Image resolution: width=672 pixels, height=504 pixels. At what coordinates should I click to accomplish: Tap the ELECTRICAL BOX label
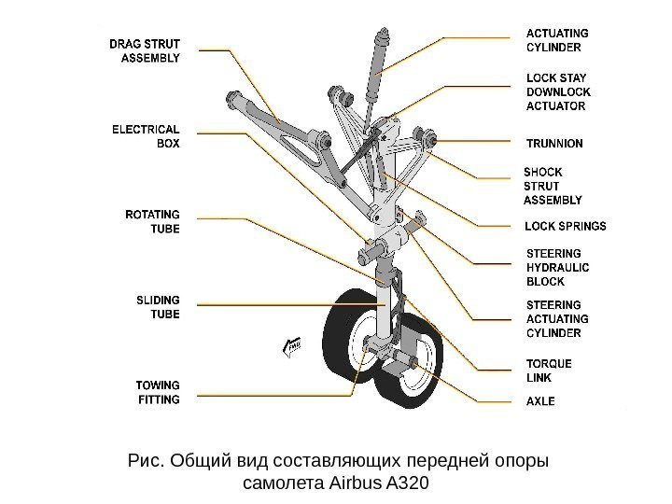point(146,136)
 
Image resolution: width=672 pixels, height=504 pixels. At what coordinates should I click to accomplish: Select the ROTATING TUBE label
point(152,221)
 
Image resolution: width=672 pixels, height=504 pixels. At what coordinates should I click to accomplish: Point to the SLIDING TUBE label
point(158,307)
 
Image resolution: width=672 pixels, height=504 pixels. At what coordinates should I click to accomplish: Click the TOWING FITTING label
point(158,392)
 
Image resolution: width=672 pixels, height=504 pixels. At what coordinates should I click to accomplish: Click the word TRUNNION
point(554,144)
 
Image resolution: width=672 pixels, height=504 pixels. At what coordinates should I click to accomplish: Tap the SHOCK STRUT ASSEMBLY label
point(553,186)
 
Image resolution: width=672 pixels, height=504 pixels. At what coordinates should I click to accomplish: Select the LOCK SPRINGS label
point(566,226)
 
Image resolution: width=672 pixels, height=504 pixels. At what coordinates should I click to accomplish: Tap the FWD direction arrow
point(292,346)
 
